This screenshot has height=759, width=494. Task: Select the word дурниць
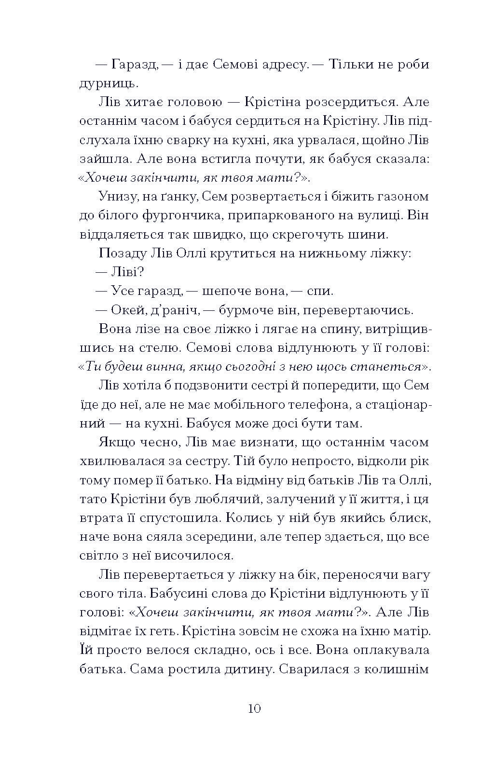102,84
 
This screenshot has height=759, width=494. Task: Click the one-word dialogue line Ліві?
127,273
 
